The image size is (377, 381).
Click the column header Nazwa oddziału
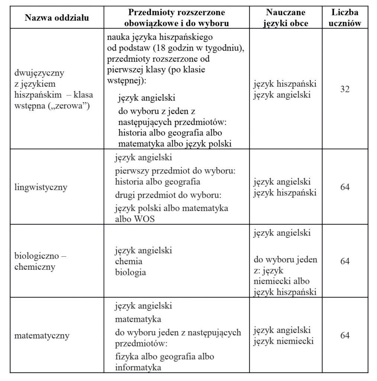coord(57,18)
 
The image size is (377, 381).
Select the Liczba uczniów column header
coord(345,17)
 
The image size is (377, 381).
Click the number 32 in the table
coord(345,90)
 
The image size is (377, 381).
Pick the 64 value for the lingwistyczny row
coord(345,187)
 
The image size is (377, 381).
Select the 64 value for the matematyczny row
coord(345,335)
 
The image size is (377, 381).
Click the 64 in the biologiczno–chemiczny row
coord(345,261)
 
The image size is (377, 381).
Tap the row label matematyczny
coord(42,336)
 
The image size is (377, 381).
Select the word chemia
coord(129,261)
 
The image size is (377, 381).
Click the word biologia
coord(130,272)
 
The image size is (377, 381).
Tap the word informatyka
coord(138,368)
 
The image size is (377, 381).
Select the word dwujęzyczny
coord(39,73)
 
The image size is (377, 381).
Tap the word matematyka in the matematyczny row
coord(138,319)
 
